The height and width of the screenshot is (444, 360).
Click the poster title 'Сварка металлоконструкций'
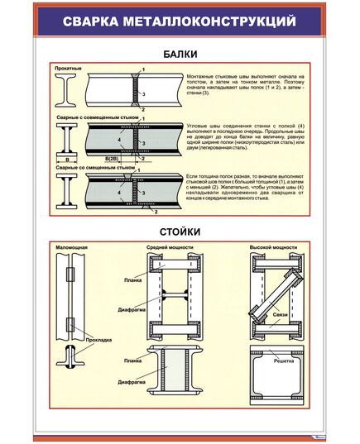pos(180,20)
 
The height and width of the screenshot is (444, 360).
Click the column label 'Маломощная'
pos(73,247)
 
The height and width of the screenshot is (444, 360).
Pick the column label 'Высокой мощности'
pos(272,247)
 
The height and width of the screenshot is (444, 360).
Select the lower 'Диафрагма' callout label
pos(133,383)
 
